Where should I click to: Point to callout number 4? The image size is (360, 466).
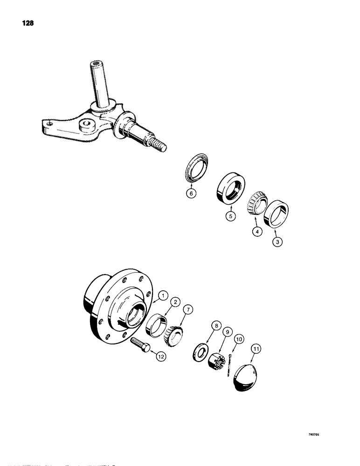click(x=255, y=230)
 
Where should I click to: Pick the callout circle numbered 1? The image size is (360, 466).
click(x=163, y=295)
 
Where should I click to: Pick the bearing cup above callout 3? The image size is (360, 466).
click(x=276, y=214)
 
